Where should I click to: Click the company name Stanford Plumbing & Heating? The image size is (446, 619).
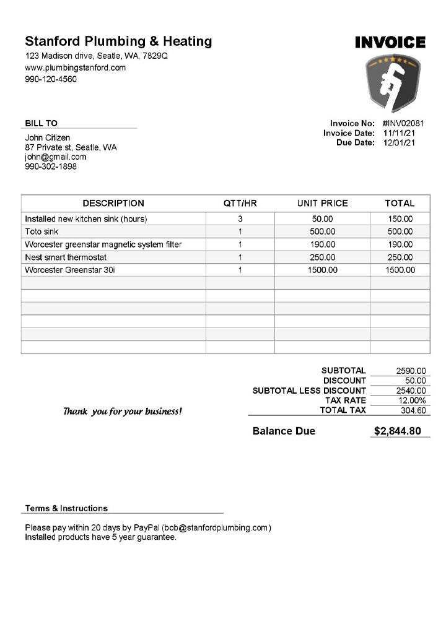click(x=118, y=41)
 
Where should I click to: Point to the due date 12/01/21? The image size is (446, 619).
click(x=399, y=143)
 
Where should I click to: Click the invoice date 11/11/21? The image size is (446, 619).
click(x=399, y=133)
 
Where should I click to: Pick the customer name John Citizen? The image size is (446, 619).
click(x=48, y=137)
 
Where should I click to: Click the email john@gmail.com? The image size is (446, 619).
click(x=56, y=157)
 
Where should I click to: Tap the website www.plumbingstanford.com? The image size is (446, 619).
click(x=76, y=67)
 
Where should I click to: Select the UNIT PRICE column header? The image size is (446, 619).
click(x=322, y=203)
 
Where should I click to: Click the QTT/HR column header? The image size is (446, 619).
click(x=240, y=203)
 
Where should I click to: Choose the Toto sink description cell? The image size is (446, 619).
click(x=42, y=232)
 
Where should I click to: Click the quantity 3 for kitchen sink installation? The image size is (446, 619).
click(x=240, y=219)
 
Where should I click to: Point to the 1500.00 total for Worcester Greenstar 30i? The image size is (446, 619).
click(x=400, y=270)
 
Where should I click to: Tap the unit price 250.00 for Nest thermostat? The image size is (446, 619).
click(x=322, y=258)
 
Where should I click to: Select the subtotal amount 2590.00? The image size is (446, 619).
click(x=411, y=371)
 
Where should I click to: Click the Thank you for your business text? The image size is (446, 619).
click(x=123, y=411)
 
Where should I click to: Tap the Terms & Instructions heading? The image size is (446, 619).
click(x=66, y=508)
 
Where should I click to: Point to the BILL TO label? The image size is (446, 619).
click(x=41, y=123)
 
